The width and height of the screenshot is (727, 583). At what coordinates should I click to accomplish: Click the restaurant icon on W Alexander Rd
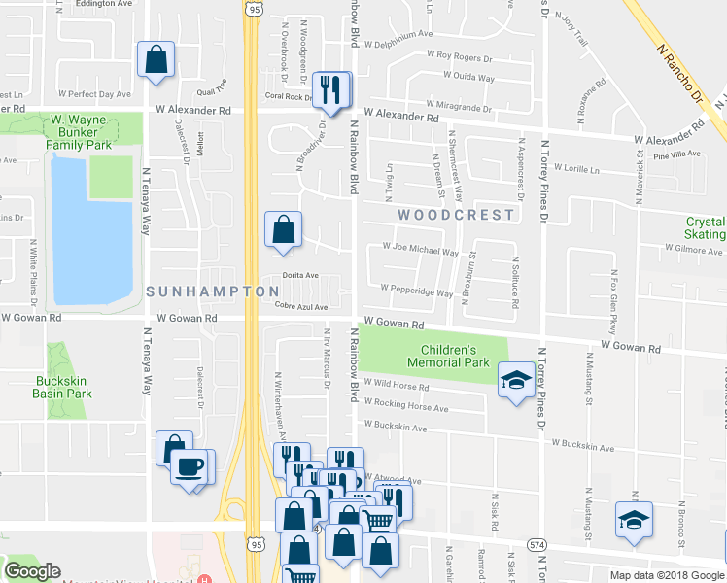coord(332,90)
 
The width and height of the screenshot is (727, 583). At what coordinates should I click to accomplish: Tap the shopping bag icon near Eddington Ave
coord(156,60)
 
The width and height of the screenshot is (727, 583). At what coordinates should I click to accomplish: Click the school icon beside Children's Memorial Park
coord(514,380)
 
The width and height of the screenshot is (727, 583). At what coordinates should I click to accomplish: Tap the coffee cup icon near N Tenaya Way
coord(189,466)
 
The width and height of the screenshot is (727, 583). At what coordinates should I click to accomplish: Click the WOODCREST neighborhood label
coord(454,214)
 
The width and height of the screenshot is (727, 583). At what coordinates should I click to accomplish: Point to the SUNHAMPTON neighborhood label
coord(199,291)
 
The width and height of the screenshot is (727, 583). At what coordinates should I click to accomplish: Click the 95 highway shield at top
coord(254,9)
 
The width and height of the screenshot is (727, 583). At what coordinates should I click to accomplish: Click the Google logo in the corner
coord(33,570)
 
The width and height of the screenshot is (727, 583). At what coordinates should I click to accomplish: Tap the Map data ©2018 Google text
coord(666,575)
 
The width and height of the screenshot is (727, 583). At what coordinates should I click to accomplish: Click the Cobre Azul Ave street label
coord(301,307)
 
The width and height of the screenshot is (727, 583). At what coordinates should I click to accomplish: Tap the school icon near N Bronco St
coord(634,521)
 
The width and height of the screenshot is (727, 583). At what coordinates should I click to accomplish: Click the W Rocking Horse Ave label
coord(406,407)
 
